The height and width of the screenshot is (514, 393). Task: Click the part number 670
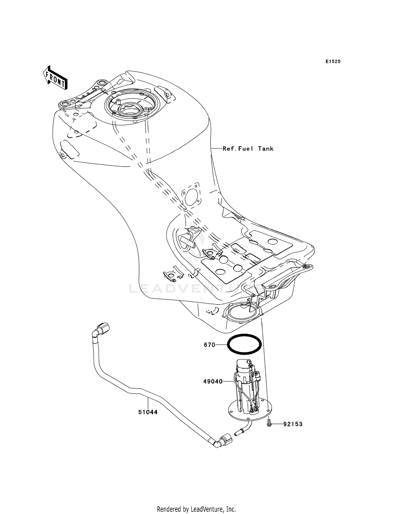[x=209, y=345]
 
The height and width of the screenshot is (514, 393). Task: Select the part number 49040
[x=213, y=382]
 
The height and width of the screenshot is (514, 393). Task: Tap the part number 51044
[x=148, y=412]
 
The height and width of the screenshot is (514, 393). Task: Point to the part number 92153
[x=293, y=424]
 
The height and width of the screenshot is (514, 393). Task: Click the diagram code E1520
[x=333, y=62]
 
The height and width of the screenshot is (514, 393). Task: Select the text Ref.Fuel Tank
[x=248, y=149]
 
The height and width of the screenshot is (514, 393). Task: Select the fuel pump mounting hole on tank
[x=242, y=311]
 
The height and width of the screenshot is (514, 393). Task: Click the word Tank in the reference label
[x=266, y=149]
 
